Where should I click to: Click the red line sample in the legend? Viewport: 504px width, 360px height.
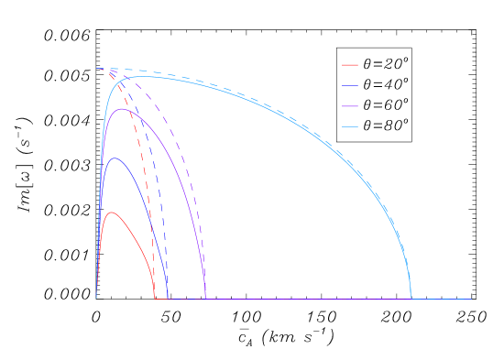coord(350,65)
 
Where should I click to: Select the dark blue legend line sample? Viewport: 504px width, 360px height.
coord(350,85)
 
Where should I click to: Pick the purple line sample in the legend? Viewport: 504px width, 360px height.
coord(350,106)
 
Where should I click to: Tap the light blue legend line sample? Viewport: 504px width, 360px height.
coord(350,126)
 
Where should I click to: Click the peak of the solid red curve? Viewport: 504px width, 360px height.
coord(111,213)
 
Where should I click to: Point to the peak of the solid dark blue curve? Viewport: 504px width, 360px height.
coord(115,158)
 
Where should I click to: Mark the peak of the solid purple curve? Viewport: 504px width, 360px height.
coord(121,109)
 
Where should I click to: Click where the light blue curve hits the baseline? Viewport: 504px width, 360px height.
coord(411,299)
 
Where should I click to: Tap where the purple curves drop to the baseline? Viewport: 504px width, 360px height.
coord(206,299)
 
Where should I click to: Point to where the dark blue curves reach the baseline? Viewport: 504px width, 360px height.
coord(168,299)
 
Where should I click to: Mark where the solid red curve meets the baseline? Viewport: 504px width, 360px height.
coord(155,299)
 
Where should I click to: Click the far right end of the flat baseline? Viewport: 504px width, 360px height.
coord(472,299)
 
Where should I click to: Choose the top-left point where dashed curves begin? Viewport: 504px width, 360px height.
coord(96,69)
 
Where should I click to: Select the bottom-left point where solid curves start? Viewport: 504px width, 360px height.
coord(96,299)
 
